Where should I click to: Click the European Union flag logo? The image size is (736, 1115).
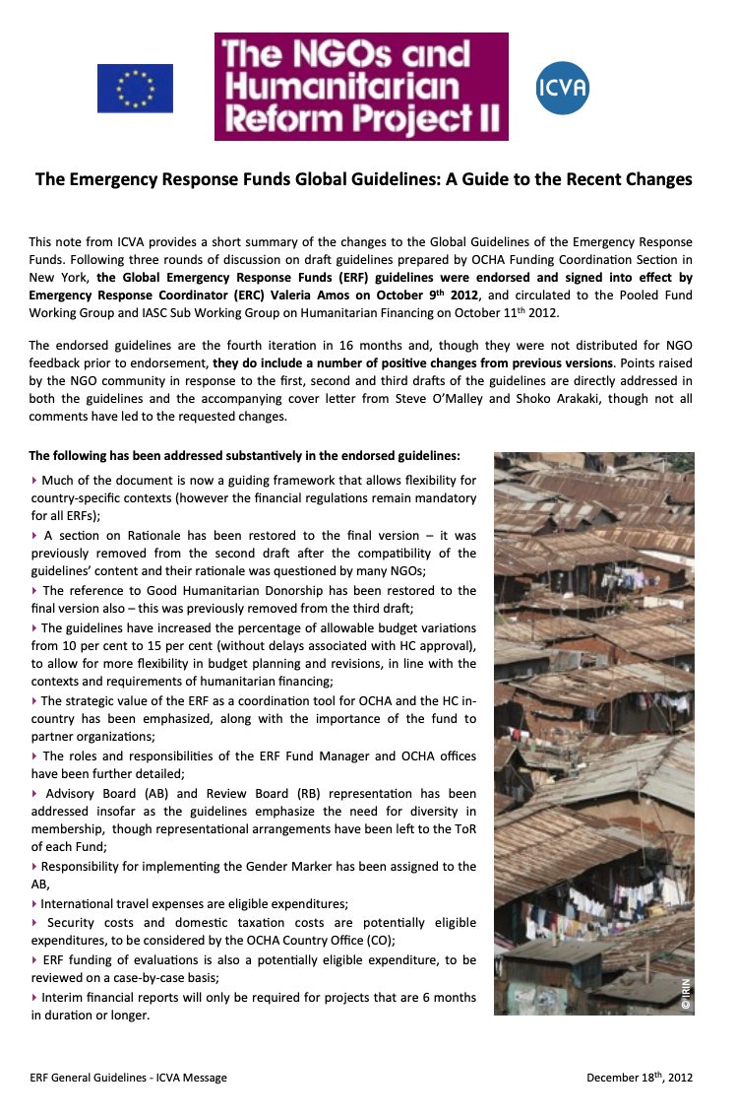click(135, 89)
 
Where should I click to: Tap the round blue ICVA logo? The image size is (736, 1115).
click(563, 88)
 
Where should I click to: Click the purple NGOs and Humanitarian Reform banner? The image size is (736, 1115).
click(361, 87)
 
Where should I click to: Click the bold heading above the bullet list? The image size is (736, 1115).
click(244, 456)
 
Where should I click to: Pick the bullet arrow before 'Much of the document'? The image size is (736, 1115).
click(34, 481)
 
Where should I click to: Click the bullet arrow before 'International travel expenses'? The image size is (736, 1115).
click(34, 903)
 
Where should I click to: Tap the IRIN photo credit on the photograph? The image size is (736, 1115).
click(686, 993)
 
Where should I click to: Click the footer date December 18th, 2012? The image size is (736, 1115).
click(640, 1078)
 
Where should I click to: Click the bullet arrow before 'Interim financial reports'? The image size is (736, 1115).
click(34, 997)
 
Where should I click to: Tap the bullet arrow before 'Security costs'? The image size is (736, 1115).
click(34, 923)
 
